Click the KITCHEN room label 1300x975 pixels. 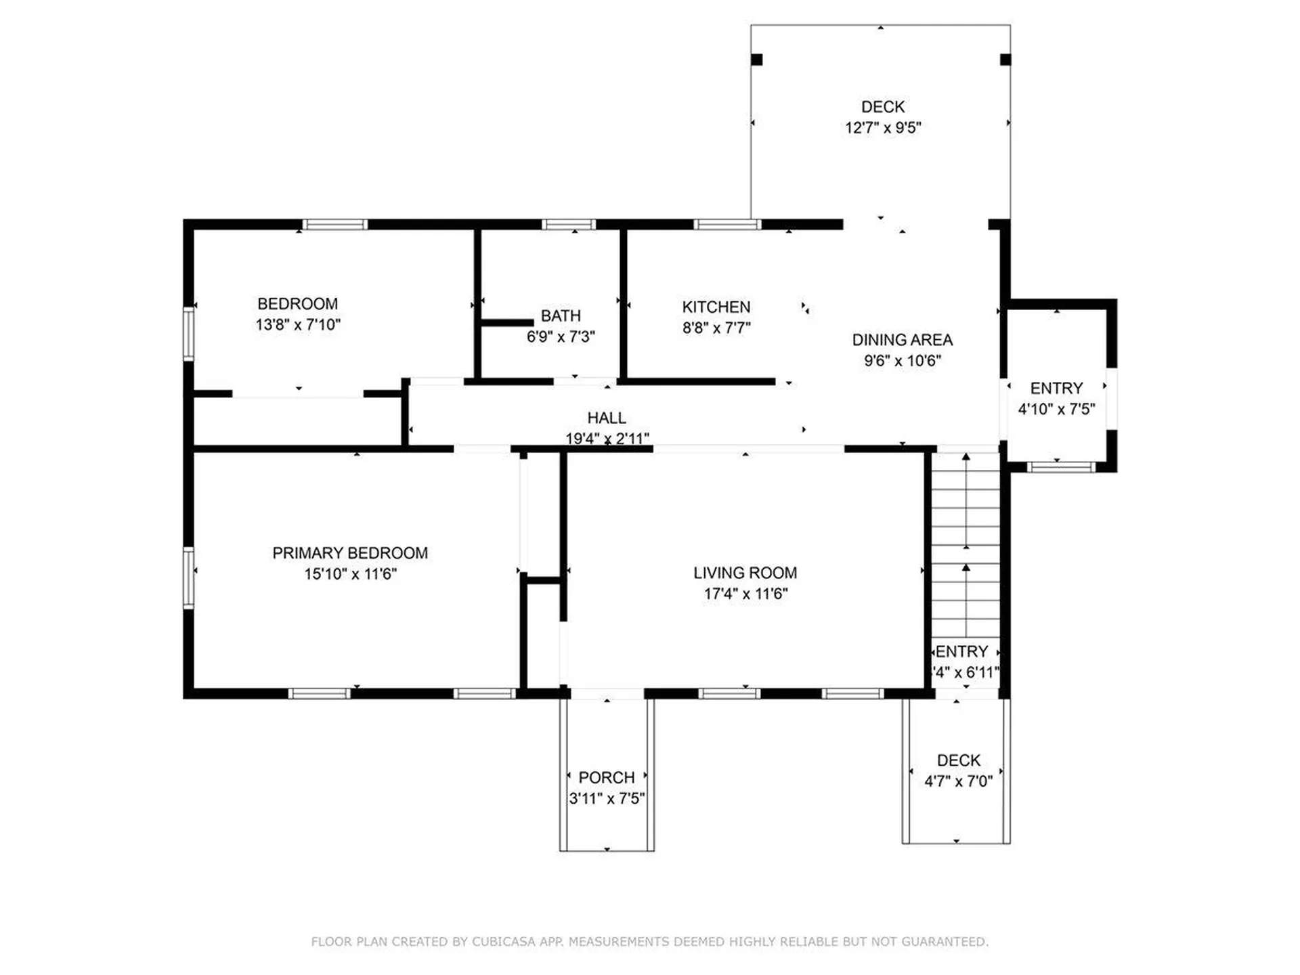[x=716, y=307]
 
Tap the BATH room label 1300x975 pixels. [x=561, y=316]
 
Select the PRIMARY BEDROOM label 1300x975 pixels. [x=350, y=553]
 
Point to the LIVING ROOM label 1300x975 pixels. [x=745, y=573]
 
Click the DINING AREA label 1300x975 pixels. [x=902, y=340]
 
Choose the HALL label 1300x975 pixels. [x=607, y=418]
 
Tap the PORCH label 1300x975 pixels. [x=607, y=777]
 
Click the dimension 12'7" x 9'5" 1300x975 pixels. [x=883, y=127]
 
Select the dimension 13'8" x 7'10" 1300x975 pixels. [x=298, y=324]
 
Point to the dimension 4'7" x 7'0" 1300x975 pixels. [x=958, y=781]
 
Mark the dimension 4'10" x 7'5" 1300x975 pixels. [x=1056, y=408]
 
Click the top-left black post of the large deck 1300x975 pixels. [x=757, y=60]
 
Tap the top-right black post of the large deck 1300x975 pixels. [x=1005, y=60]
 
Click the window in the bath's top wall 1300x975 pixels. [x=569, y=224]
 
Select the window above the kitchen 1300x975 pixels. [x=728, y=224]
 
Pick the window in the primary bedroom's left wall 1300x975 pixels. [x=189, y=578]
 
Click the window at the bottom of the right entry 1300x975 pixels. [x=1061, y=467]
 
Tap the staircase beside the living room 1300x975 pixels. [x=966, y=545]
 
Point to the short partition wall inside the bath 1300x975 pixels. [x=507, y=323]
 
